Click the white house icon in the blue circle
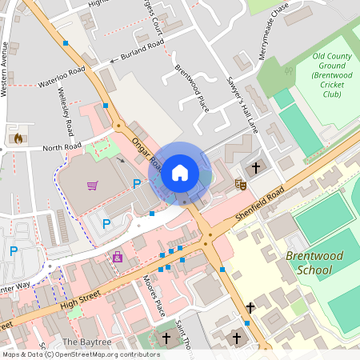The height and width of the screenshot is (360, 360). click(180, 172)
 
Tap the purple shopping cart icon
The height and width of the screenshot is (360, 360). click(93, 186)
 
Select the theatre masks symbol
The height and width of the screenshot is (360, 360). click(238, 185)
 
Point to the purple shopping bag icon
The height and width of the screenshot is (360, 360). click(118, 257)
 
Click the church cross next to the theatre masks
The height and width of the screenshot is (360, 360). click(256, 168)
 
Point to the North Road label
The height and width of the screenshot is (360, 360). click(62, 147)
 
